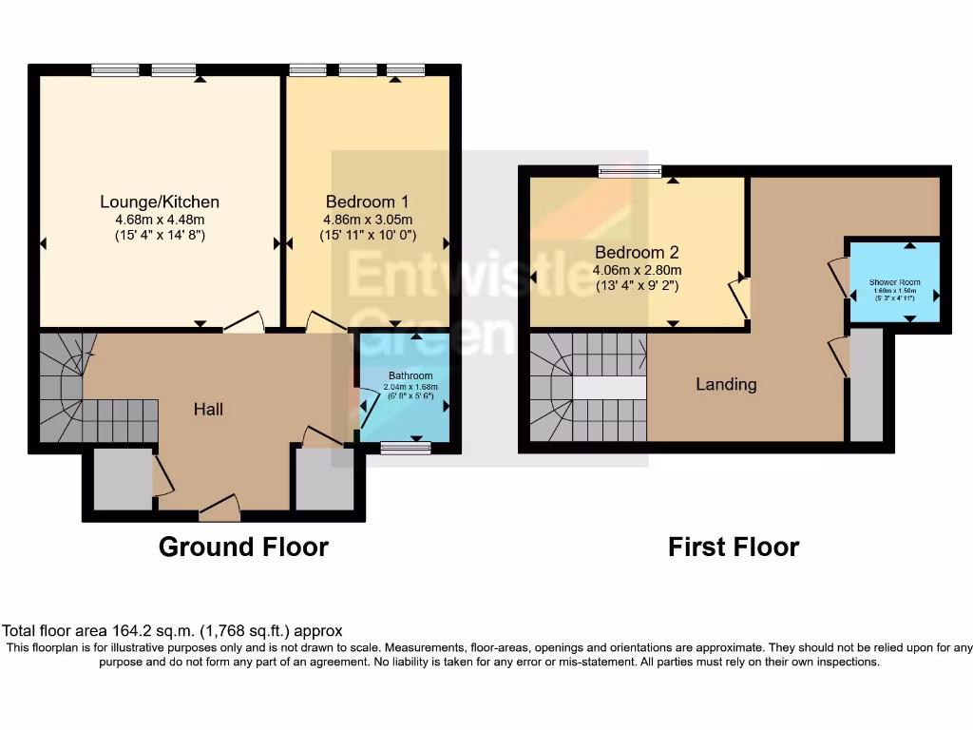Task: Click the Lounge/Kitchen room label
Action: pyautogui.click(x=160, y=202)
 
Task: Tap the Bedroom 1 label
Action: pyautogui.click(x=367, y=202)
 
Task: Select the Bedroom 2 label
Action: pyautogui.click(x=637, y=253)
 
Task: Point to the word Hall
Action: pyautogui.click(x=208, y=409)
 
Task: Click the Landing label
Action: pyautogui.click(x=726, y=384)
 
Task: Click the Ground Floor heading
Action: pyautogui.click(x=243, y=547)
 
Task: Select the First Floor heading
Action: pyautogui.click(x=734, y=547)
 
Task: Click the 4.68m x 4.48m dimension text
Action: pyautogui.click(x=160, y=220)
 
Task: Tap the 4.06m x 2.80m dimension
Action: pyautogui.click(x=637, y=270)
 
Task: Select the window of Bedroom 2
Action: pyautogui.click(x=630, y=171)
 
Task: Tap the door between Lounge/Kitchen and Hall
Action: pyautogui.click(x=243, y=323)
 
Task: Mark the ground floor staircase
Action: pyautogui.click(x=86, y=390)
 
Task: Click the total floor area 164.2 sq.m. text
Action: pyautogui.click(x=172, y=630)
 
